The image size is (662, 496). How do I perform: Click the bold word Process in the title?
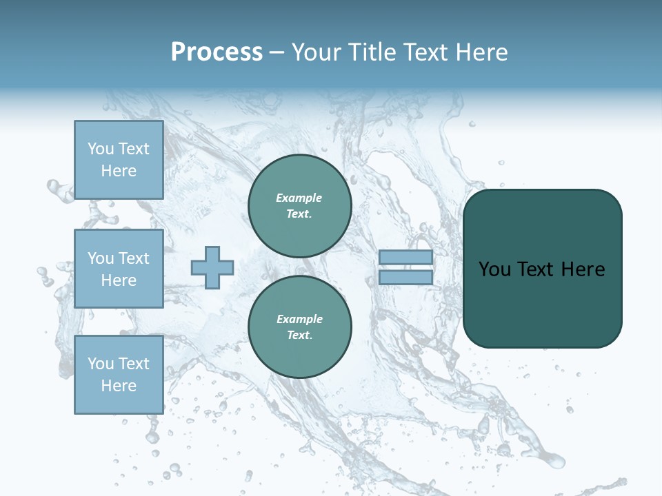(217, 52)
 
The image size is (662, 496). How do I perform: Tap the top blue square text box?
(119, 160)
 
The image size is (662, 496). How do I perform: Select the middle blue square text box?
(119, 269)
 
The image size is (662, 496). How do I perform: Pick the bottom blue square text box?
(119, 374)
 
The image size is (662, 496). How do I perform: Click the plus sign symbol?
(212, 267)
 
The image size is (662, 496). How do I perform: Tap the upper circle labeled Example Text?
(299, 206)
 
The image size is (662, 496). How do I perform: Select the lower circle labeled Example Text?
(299, 327)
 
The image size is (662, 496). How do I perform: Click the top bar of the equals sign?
(405, 258)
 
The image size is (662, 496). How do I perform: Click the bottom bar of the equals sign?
(405, 278)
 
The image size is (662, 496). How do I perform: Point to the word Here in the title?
(478, 52)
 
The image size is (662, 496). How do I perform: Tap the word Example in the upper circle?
(299, 198)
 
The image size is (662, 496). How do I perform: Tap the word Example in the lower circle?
(299, 319)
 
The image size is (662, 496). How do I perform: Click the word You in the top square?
(101, 149)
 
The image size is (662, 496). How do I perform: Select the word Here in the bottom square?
(119, 386)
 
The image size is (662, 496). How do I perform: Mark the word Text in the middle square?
(134, 258)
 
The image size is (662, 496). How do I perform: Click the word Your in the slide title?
(317, 52)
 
